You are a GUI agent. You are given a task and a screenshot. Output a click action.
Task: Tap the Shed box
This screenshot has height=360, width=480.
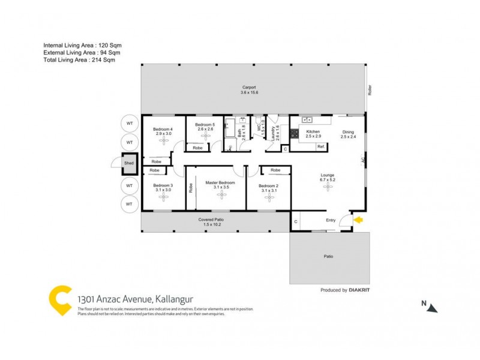(x=128, y=162)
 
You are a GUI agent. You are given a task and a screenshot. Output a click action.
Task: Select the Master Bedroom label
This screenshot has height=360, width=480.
(x=220, y=182)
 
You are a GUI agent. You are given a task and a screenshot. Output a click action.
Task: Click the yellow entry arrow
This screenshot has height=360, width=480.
(x=359, y=221)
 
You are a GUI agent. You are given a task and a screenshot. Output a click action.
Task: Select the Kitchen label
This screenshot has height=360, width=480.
(x=313, y=131)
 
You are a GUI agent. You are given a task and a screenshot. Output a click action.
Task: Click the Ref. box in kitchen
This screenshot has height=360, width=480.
(x=321, y=147)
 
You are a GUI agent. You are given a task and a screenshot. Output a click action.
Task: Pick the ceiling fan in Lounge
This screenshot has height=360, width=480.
(x=328, y=187)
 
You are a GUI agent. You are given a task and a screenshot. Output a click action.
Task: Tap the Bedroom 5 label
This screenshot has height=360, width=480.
(x=205, y=124)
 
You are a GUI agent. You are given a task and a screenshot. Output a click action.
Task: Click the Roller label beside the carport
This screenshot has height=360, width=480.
(x=370, y=89)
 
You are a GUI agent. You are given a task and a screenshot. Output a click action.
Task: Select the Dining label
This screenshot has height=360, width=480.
(x=348, y=132)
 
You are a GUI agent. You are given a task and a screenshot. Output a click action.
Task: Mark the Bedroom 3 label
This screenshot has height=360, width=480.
(x=163, y=185)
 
